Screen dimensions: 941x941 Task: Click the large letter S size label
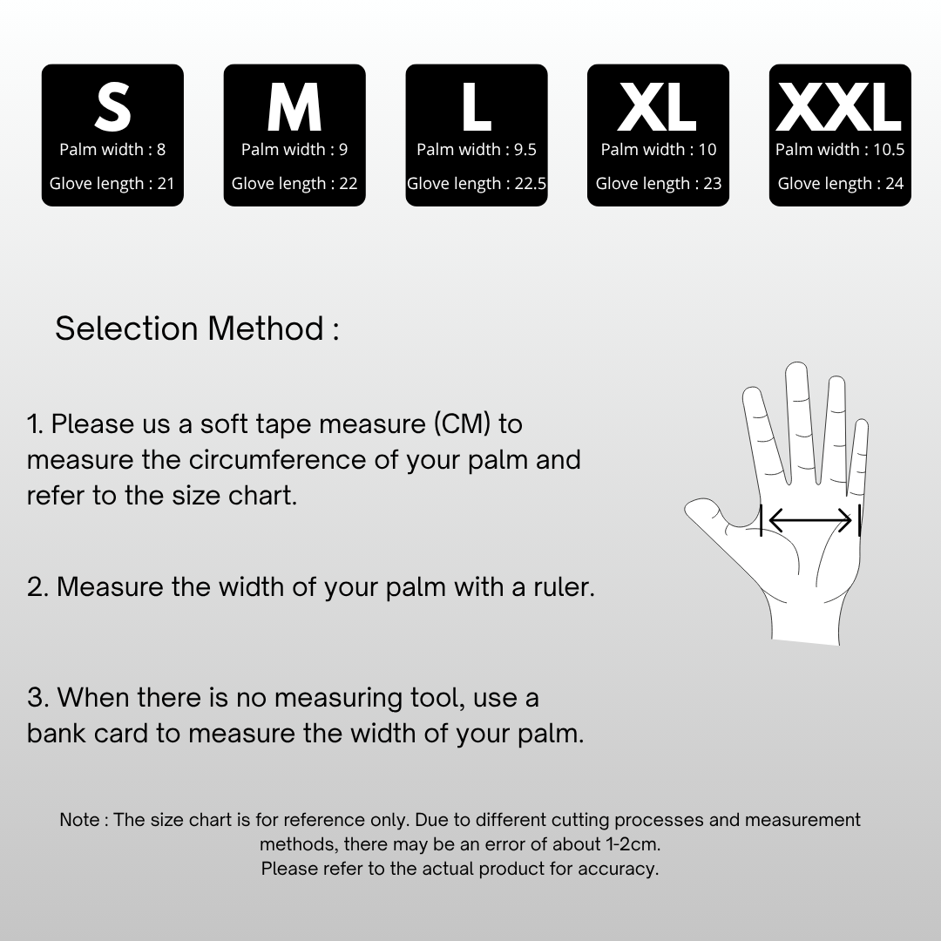click(x=112, y=107)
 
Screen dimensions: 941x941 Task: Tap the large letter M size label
click(x=294, y=107)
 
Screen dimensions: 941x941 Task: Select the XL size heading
click(x=658, y=107)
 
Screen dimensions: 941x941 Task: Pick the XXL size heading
click(x=840, y=107)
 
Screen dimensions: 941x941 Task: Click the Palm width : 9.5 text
click(x=477, y=150)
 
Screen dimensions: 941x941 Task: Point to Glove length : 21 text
click(x=112, y=184)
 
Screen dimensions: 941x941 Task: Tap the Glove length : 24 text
click(x=840, y=184)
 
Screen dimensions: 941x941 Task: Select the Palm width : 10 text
click(x=659, y=150)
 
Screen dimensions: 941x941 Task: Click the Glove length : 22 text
click(x=294, y=184)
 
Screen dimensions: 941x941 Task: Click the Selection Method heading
click(x=197, y=328)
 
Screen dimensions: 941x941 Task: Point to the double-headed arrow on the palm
click(x=810, y=519)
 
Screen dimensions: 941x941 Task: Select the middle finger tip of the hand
click(x=796, y=368)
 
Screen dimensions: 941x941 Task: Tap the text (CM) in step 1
click(x=462, y=424)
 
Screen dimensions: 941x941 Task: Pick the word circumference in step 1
click(x=277, y=460)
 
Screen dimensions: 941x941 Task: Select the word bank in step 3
click(x=57, y=734)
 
